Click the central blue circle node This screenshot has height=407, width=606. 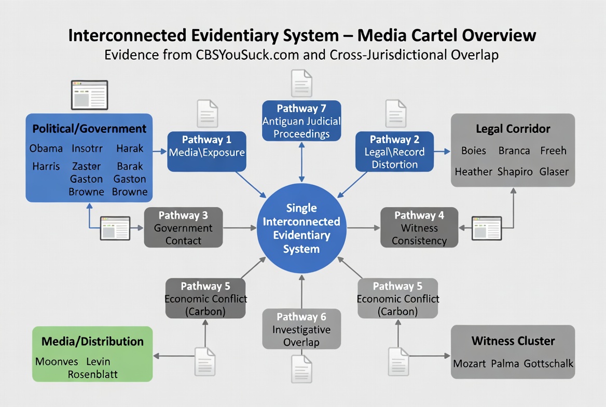[x=301, y=228]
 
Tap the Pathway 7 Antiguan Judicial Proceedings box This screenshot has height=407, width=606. [x=301, y=121]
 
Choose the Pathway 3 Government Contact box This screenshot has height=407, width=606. [x=183, y=228]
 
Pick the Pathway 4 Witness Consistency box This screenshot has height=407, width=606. [x=419, y=228]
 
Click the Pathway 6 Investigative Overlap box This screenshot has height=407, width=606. [x=301, y=329]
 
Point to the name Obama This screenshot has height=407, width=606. [x=46, y=148]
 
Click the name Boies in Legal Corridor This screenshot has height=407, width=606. [x=473, y=151]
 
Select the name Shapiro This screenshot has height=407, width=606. [x=515, y=171]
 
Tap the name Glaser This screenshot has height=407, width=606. [x=554, y=171]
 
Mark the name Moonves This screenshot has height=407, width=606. [x=57, y=361]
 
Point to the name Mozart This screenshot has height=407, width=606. [x=470, y=363]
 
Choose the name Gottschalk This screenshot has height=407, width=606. [x=548, y=363]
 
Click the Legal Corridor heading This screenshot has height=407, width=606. [x=513, y=129]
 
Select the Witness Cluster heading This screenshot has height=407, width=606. [x=513, y=341]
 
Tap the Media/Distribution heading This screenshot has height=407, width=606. [x=92, y=341]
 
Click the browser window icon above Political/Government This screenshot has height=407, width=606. [x=89, y=95]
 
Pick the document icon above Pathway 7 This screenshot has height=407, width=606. [x=301, y=83]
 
